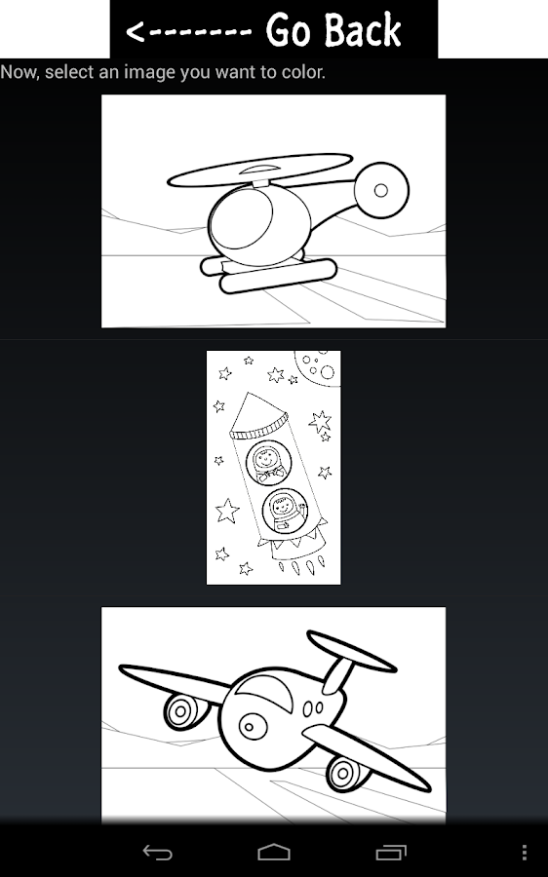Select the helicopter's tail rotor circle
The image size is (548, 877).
(381, 190)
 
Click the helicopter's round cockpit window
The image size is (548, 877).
(241, 217)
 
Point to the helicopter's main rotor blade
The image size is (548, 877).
(259, 170)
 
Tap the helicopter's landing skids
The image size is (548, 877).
(269, 274)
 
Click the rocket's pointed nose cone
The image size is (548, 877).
(256, 414)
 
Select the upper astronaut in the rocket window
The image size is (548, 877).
(269, 463)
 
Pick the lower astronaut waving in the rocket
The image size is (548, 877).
(285, 511)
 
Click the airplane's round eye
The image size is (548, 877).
(253, 726)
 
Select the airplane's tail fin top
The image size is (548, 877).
(352, 652)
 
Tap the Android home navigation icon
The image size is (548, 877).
(274, 852)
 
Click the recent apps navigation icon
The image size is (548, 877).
(391, 852)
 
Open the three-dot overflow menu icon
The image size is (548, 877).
(524, 852)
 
